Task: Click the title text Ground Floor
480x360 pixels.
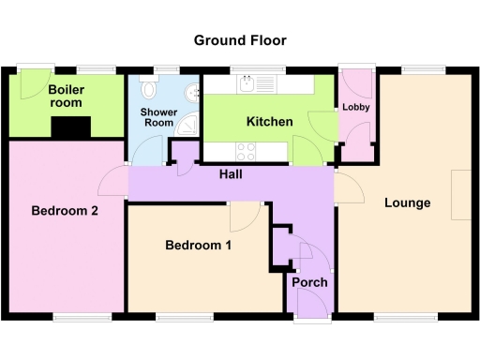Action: coord(240,40)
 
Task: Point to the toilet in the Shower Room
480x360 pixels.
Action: coord(148,89)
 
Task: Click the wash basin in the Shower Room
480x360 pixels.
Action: coord(192,92)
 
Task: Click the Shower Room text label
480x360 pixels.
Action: coord(157,117)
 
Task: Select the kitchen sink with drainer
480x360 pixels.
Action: coord(255,85)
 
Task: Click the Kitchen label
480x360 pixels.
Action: coord(270,122)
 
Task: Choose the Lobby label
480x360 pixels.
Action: coord(355,107)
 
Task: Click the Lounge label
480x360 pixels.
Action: coord(407,202)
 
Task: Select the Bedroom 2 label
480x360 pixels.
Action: coord(65,211)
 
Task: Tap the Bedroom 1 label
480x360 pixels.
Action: coord(198,246)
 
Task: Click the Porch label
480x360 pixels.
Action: coord(308,283)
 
